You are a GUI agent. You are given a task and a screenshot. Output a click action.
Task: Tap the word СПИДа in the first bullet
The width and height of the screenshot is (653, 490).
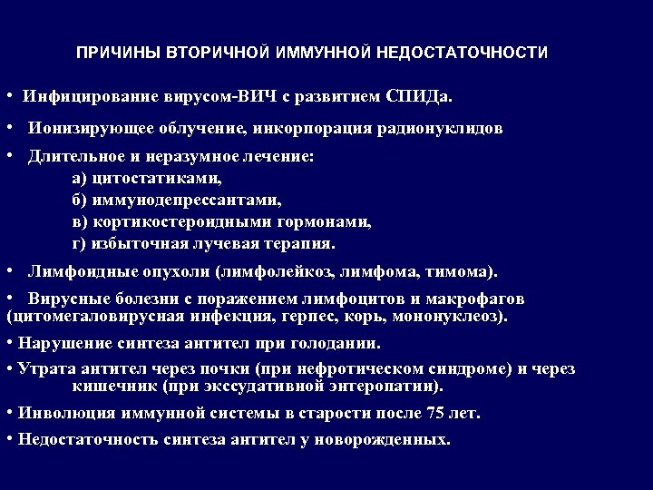pyautogui.click(x=418, y=95)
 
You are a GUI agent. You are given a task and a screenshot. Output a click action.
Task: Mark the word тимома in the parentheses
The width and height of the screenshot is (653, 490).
pyautogui.click(x=462, y=271)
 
